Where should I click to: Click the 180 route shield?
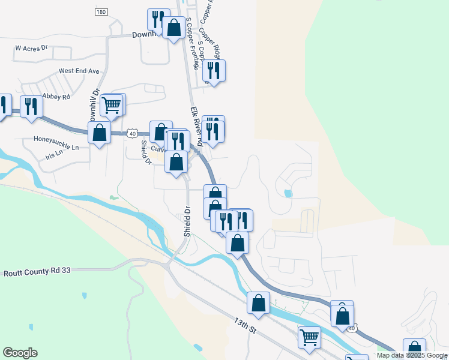tap(101, 12)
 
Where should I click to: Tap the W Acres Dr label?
tap(31, 47)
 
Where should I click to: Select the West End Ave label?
tap(79, 71)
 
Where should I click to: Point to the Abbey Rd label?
tap(57, 96)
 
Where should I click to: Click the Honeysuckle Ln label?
tap(57, 146)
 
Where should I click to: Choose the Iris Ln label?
tap(54, 157)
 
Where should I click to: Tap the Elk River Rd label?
tap(196, 126)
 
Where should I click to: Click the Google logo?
tap(20, 353)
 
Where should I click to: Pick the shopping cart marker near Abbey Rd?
tap(111, 106)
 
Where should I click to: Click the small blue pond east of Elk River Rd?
tap(288, 193)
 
